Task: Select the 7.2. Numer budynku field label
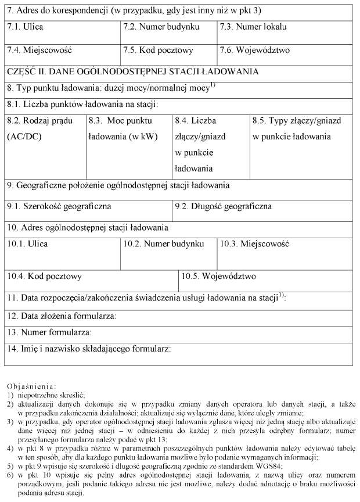tap(161, 27)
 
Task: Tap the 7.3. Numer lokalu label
tap(253, 27)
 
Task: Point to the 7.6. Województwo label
tap(255, 50)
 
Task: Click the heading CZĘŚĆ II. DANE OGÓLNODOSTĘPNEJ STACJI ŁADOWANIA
tap(132, 71)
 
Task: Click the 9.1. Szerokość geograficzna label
tap(59, 206)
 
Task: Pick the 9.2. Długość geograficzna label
tap(224, 206)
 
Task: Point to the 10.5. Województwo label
tap(218, 276)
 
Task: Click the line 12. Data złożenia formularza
tap(62, 316)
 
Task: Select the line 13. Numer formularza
tap(49, 332)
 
